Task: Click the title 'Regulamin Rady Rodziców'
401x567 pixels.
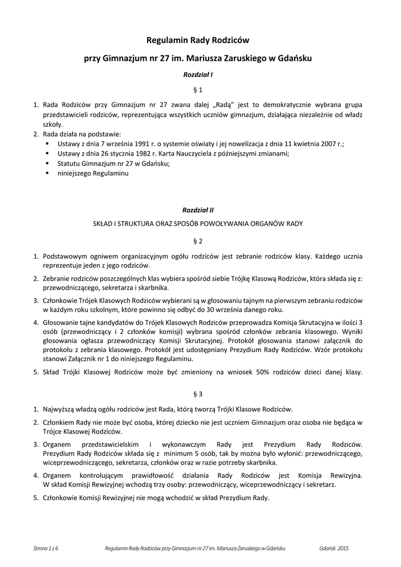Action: point(198,40)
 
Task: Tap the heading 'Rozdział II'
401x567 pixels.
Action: point(198,210)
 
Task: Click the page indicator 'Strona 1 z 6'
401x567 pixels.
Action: point(46,548)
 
